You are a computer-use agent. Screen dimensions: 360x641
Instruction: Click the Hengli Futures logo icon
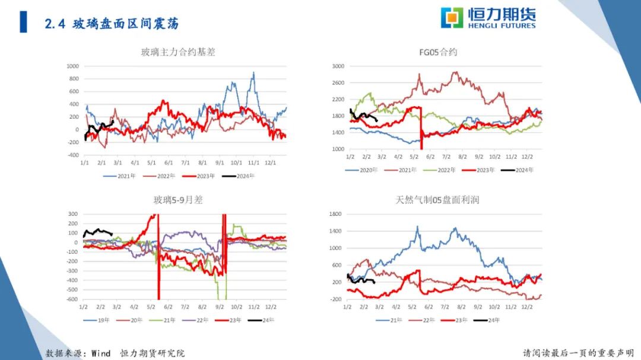[452, 18]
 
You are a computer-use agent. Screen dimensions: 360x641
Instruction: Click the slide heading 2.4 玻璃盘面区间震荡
[112, 24]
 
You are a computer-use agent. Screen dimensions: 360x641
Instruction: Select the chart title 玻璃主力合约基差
[178, 52]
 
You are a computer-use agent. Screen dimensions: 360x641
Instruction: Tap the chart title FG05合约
[438, 52]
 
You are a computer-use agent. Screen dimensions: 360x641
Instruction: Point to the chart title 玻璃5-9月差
[178, 200]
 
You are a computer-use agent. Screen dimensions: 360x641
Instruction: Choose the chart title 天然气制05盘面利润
[437, 200]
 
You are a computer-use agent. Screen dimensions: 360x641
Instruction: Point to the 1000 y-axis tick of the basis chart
[73, 66]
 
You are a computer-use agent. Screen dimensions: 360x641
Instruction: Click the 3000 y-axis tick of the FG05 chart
[337, 66]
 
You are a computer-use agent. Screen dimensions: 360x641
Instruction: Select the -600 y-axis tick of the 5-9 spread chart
[71, 300]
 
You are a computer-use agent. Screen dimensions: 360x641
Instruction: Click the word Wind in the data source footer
[101, 353]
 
